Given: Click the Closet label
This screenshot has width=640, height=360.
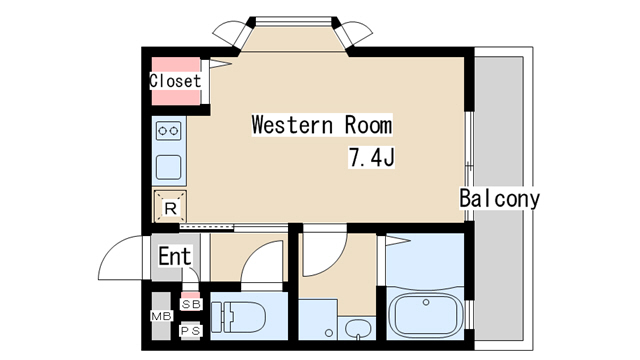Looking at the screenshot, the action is tap(175, 81).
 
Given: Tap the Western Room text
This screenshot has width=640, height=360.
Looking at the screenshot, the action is tap(322, 124).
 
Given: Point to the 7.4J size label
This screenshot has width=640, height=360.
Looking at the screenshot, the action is tap(371, 157).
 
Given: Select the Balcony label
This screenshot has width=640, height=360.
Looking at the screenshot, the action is tap(499, 198).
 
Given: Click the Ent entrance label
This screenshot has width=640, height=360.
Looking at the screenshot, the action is tap(175, 256).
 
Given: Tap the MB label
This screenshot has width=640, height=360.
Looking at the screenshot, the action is tap(162, 316).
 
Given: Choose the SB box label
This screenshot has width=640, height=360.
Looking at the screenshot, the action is tap(191, 304).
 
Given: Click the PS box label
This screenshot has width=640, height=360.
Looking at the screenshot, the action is tap(191, 331).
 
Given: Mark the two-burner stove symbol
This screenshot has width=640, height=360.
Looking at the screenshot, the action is tap(169, 131).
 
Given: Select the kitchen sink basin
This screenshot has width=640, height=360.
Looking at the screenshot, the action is tap(169, 167).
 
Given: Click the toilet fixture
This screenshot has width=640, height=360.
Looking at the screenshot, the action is tap(238, 317).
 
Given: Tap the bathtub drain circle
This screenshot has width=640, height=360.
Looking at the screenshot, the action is tap(426, 302).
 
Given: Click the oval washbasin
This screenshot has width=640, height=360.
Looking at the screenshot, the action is tap(358, 328).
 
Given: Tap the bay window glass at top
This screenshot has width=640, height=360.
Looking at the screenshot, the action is tap(293, 20).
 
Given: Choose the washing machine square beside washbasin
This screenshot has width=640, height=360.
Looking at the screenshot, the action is tap(318, 319).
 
